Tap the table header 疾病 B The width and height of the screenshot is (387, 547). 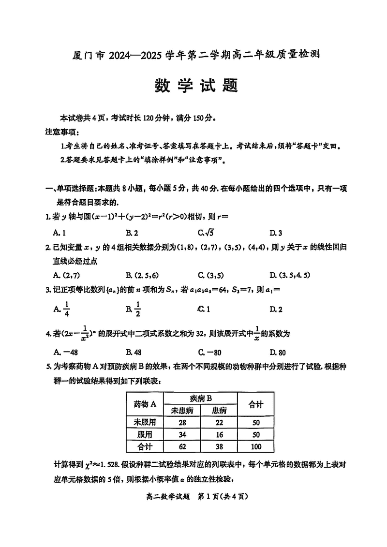coord(201,399)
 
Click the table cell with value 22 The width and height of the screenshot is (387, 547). coord(219,422)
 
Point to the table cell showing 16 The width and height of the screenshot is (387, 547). coord(219,434)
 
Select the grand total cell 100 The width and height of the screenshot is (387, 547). coord(256,446)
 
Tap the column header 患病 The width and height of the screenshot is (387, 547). coord(219,410)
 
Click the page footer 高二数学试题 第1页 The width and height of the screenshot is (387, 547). coord(193,495)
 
